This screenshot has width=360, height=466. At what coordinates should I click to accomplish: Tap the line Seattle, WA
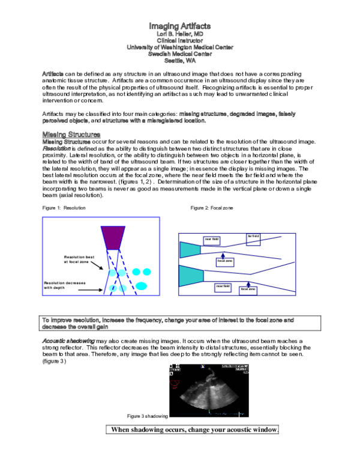179,61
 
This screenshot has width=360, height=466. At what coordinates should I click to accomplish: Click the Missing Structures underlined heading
71,133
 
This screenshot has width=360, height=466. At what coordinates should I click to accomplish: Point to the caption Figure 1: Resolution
64,208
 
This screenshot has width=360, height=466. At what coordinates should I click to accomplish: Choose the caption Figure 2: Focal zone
211,208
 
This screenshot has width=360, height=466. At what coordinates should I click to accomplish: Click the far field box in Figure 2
253,237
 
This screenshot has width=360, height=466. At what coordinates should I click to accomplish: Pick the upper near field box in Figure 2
212,240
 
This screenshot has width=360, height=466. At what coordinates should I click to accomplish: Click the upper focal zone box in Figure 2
225,262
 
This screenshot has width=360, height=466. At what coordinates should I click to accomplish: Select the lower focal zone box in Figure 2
248,289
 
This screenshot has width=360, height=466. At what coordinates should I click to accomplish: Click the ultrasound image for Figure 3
208,390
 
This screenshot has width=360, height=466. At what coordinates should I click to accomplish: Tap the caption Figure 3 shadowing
147,416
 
